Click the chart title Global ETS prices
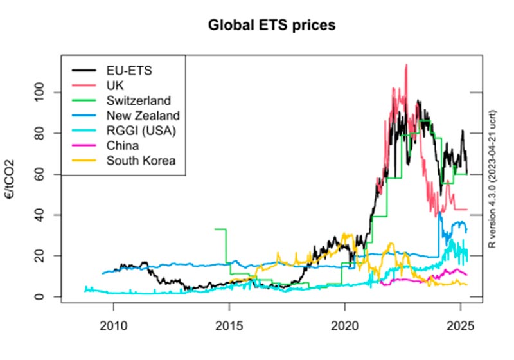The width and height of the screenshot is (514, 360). (272, 25)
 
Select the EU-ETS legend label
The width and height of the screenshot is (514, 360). (129, 71)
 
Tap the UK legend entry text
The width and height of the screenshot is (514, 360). (115, 85)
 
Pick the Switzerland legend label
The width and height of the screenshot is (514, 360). (139, 101)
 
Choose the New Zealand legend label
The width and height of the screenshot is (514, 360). (143, 116)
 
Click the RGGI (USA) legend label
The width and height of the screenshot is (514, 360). (141, 130)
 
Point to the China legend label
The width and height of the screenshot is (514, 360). (123, 145)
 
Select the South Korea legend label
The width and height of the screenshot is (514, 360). (141, 161)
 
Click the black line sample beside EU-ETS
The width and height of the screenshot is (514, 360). (84, 71)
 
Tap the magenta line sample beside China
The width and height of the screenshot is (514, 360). (84, 145)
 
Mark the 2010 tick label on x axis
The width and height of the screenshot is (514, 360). (114, 326)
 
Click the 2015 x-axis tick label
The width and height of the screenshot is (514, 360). (229, 326)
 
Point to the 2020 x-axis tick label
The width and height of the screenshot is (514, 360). (345, 326)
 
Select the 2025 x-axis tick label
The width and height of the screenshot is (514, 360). (461, 326)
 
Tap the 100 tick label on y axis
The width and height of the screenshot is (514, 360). (39, 93)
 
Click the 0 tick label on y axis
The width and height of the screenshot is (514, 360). (39, 296)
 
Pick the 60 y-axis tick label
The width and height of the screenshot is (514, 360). (39, 174)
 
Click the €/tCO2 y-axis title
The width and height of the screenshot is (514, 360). (10, 179)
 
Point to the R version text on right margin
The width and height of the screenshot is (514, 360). (492, 179)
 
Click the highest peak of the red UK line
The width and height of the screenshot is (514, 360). (407, 64)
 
